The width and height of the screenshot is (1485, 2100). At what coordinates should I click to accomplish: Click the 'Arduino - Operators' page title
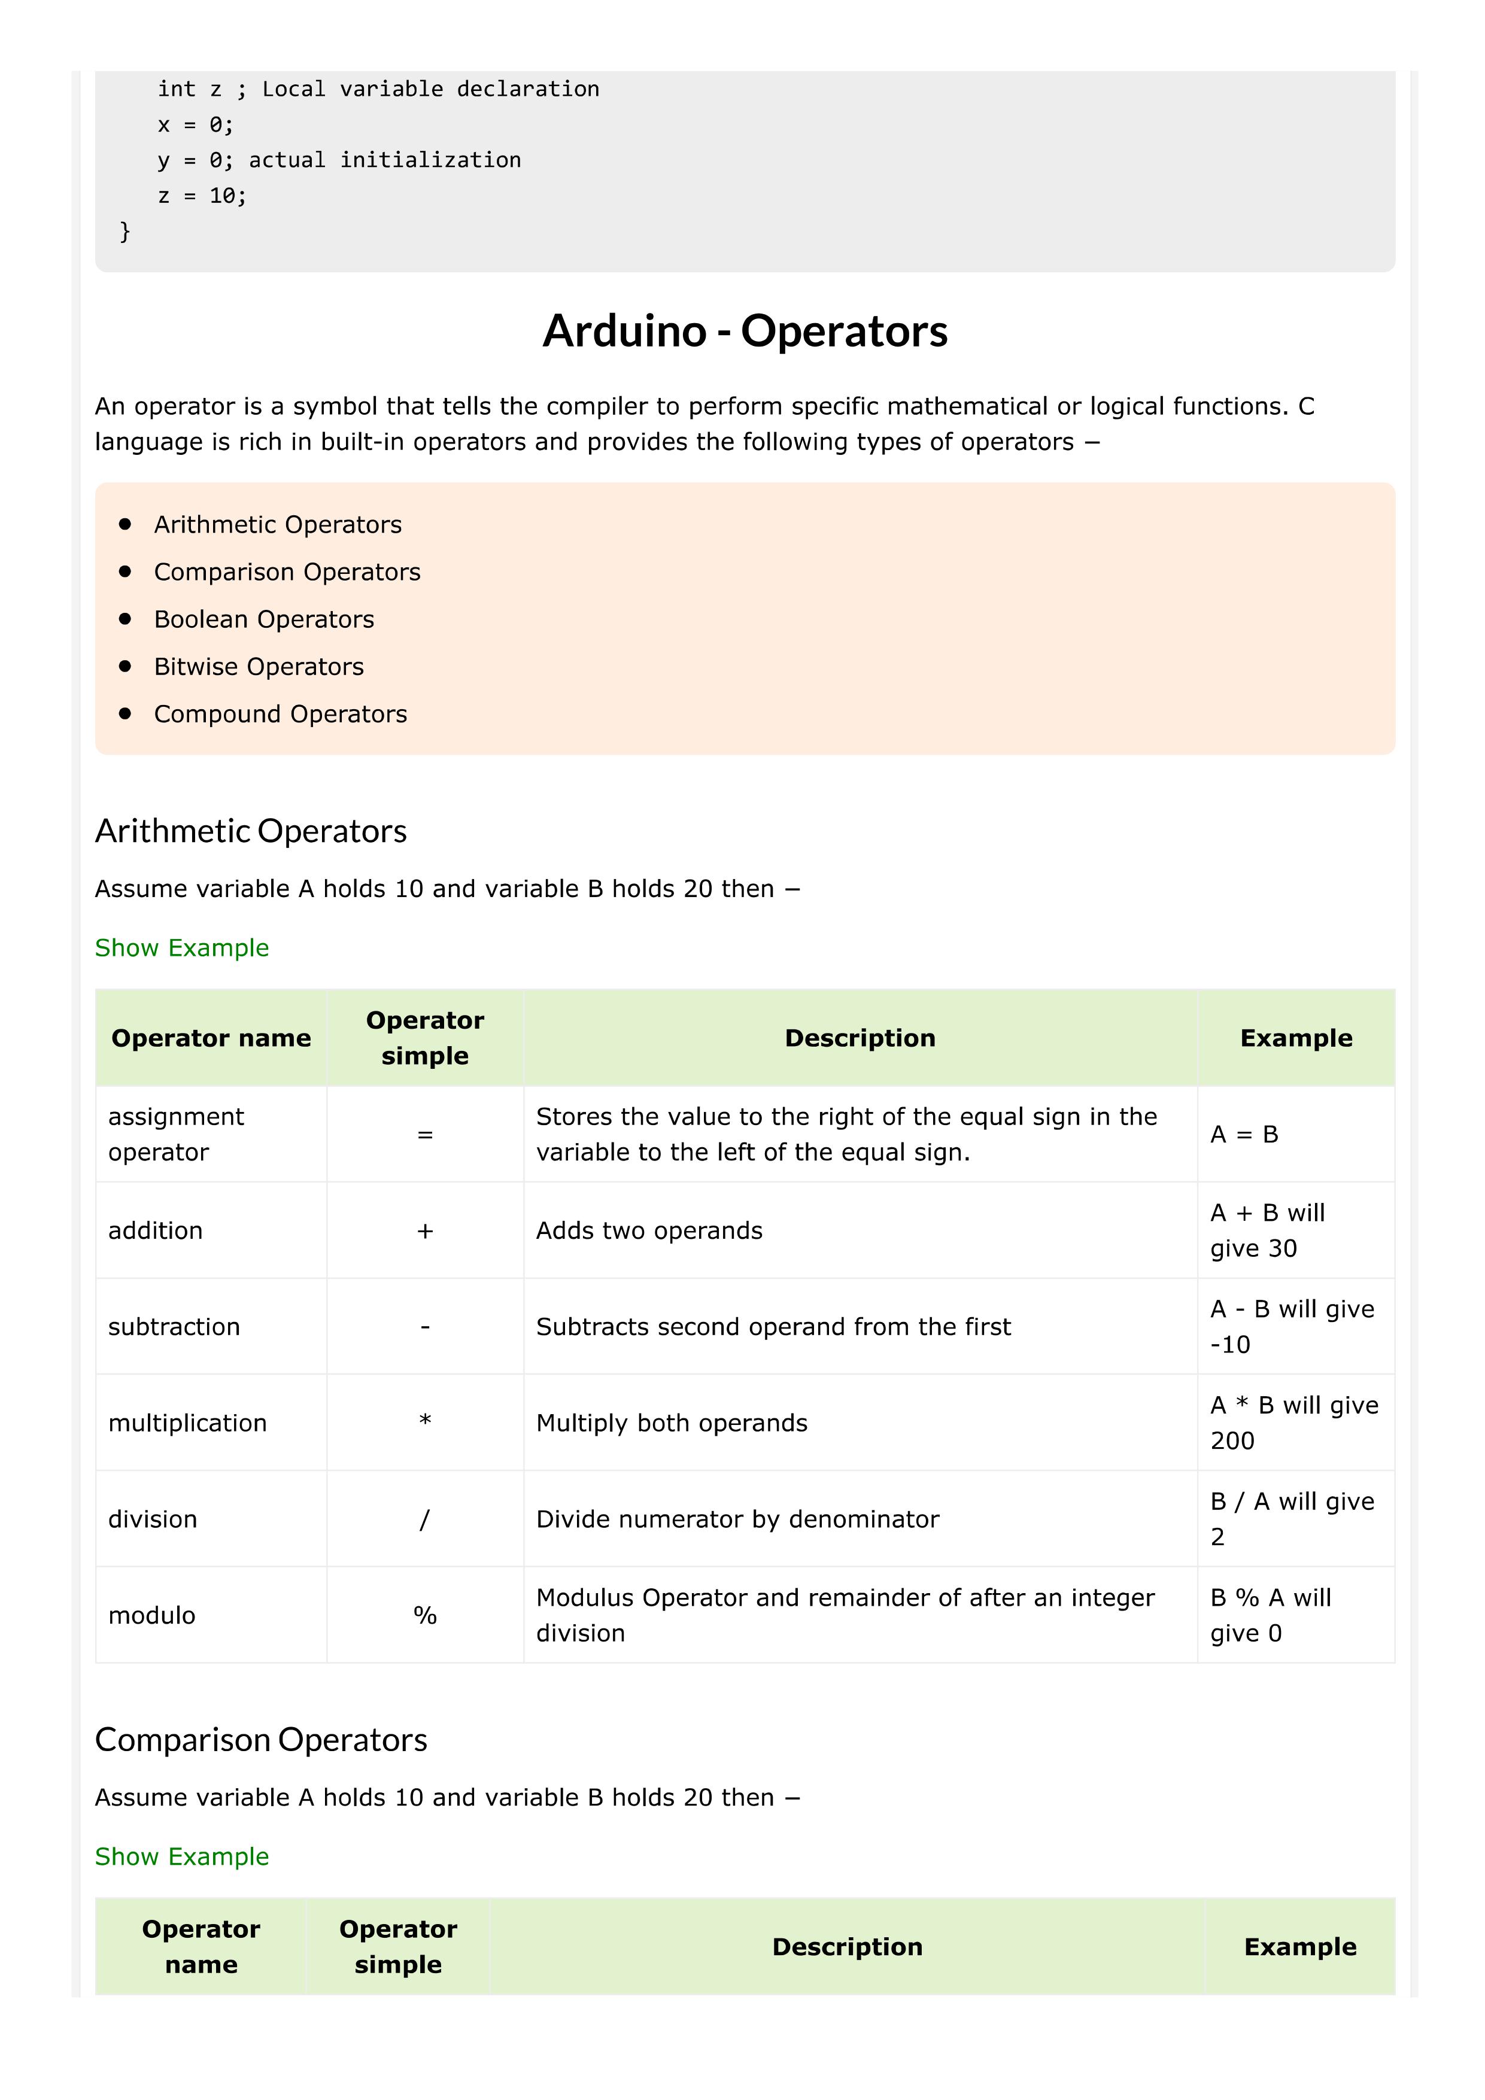point(745,331)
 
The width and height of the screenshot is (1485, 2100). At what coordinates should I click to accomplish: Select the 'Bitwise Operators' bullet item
point(259,667)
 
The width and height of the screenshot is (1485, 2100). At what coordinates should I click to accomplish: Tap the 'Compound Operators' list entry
point(280,715)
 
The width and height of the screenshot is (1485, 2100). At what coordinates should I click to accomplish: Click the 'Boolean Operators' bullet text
point(263,619)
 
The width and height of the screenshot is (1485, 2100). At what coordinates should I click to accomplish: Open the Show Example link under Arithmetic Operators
point(182,947)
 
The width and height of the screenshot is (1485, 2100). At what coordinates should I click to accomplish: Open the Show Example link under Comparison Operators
point(182,1856)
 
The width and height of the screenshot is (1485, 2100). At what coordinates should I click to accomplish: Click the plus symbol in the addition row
point(424,1231)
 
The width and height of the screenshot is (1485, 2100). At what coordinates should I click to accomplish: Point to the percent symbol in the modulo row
point(424,1615)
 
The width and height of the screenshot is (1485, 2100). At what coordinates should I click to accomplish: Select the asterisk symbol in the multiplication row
point(424,1421)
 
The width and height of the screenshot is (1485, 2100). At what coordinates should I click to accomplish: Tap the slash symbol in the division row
point(424,1519)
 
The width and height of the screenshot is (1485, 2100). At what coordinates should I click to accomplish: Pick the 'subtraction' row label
point(174,1327)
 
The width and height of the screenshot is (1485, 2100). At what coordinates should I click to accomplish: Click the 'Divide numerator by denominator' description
point(737,1519)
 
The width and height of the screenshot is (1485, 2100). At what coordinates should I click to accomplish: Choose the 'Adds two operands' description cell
point(649,1231)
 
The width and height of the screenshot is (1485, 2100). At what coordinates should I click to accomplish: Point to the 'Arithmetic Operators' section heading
point(251,831)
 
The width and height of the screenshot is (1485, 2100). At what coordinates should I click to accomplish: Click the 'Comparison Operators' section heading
point(261,1740)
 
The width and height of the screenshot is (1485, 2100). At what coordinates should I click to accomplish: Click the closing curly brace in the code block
point(125,232)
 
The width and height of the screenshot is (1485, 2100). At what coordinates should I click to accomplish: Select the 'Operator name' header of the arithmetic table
point(211,1038)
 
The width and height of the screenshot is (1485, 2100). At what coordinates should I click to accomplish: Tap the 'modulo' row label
point(152,1615)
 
